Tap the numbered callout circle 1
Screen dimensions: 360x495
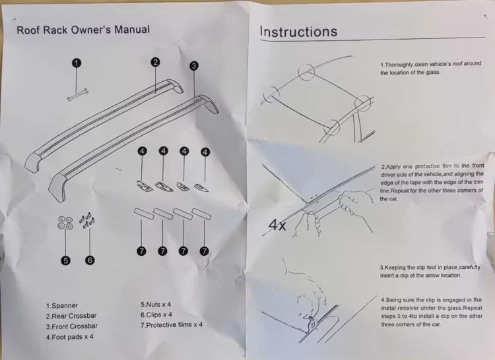point(76,63)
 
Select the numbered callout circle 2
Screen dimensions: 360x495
point(156,62)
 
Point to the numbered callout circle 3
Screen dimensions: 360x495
point(194,66)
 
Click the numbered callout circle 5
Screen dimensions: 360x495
point(65,260)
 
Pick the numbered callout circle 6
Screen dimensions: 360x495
point(90,260)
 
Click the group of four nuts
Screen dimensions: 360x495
point(65,223)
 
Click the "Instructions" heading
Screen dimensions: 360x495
point(298,32)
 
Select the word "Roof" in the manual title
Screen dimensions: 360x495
point(29,30)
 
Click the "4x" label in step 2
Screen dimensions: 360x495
point(277,225)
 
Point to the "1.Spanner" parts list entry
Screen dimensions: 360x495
point(61,306)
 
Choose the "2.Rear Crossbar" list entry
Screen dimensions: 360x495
point(71,316)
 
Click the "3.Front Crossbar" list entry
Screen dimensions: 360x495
point(72,326)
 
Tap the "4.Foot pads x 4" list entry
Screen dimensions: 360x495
point(69,337)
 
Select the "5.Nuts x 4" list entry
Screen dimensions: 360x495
point(156,305)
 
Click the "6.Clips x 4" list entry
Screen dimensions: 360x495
point(156,315)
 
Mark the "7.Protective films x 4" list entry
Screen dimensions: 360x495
point(172,325)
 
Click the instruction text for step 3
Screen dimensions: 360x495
point(429,271)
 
